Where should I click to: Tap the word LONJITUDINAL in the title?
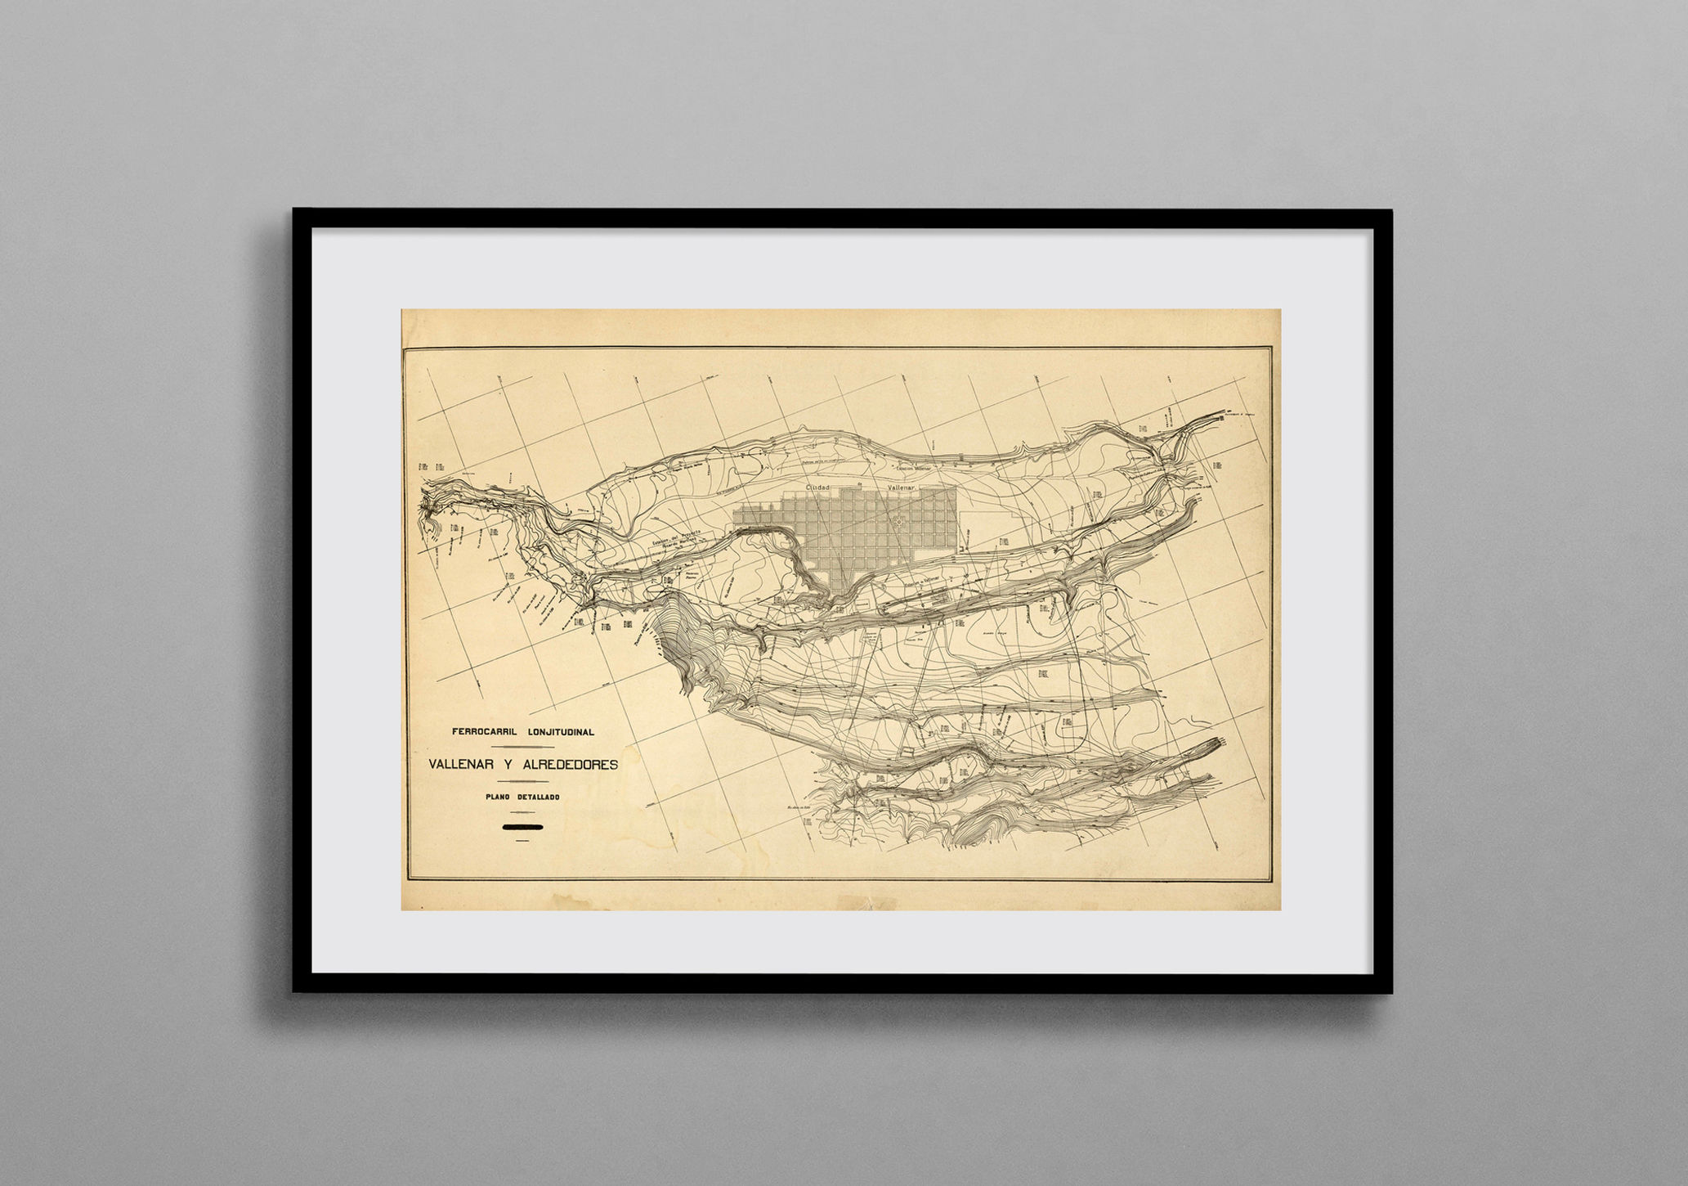[x=561, y=732]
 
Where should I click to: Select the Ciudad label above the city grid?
[x=817, y=487]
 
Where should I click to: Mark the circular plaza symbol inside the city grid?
[x=898, y=520]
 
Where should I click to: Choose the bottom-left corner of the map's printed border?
[x=407, y=879]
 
